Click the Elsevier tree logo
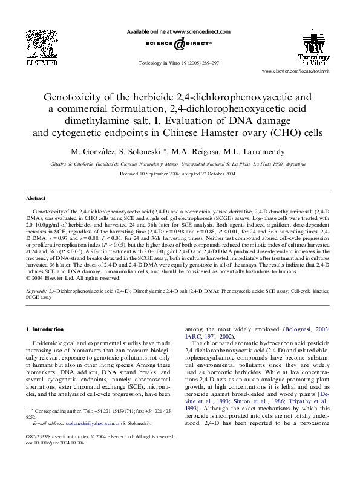41,45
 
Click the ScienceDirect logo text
178,44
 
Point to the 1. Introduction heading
45,329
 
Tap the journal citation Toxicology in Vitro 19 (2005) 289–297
179,62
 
